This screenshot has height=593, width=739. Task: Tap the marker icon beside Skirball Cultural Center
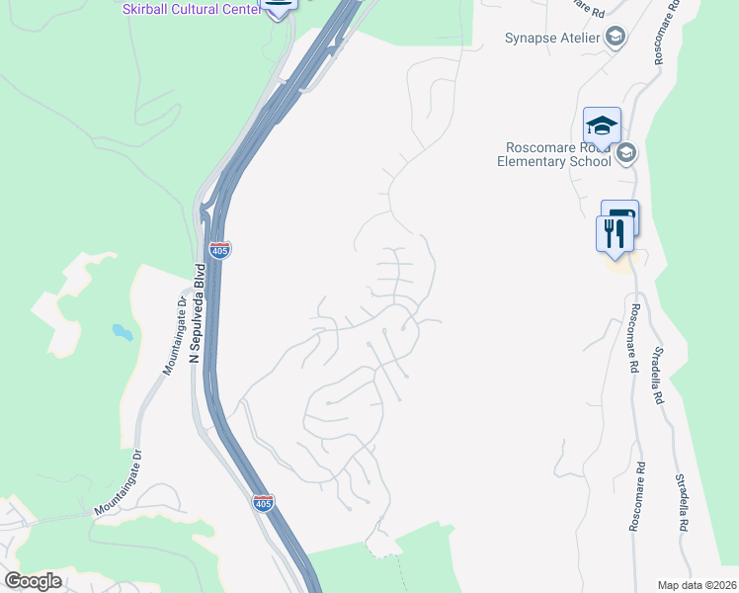click(x=280, y=6)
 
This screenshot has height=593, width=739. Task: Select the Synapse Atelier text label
click(x=551, y=39)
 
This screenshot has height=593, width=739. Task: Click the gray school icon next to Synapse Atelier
click(x=616, y=39)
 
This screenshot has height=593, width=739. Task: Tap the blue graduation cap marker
click(x=602, y=126)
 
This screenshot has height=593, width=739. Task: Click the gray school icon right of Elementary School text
click(x=625, y=153)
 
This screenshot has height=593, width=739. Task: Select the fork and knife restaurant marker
click(x=615, y=233)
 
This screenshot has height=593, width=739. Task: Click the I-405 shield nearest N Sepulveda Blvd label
click(x=219, y=249)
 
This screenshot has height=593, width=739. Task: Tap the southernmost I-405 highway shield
click(x=263, y=502)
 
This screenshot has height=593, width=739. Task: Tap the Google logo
click(x=33, y=581)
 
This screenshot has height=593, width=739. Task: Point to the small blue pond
click(x=122, y=331)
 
